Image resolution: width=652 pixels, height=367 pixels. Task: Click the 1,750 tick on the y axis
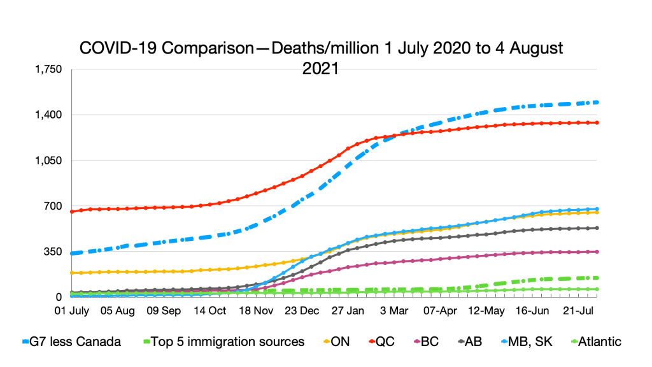(50, 69)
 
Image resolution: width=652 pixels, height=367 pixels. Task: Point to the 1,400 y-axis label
(50, 115)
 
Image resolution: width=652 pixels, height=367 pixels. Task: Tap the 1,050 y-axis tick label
(50, 161)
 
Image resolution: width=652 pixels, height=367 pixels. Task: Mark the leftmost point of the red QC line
(72, 212)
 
